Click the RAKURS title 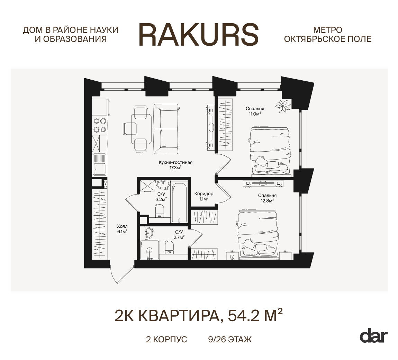point(199,35)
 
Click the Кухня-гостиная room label point(175,162)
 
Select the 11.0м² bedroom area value point(255,114)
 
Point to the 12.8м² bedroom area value point(267,200)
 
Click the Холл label point(122,226)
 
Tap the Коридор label point(203,194)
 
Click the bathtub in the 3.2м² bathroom point(179,202)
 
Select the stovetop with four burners point(100,125)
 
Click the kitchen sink point(99,164)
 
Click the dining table point(141,129)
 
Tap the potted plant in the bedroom point(282,106)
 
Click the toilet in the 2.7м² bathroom point(169,247)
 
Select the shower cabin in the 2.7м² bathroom point(150,250)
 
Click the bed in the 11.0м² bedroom point(270,152)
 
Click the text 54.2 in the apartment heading point(244,316)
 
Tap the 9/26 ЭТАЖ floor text point(230,340)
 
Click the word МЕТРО point(327,30)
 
